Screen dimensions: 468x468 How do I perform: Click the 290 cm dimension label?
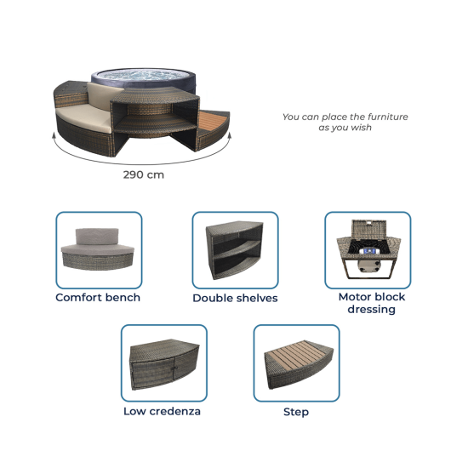click(144, 174)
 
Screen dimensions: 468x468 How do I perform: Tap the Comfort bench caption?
click(98, 297)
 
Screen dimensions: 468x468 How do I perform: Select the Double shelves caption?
click(235, 298)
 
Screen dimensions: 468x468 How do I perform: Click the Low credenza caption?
click(162, 411)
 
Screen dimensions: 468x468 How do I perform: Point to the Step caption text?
click(296, 412)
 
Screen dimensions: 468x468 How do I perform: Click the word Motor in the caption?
click(354, 297)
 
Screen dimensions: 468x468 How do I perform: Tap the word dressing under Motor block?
click(372, 310)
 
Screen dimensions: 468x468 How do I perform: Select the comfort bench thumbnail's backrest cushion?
click(97, 236)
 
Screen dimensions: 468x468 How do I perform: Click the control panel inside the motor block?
click(369, 251)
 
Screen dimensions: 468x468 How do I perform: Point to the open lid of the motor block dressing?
click(369, 229)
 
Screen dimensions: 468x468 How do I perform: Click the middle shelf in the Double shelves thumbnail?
click(236, 250)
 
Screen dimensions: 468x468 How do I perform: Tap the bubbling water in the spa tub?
click(143, 75)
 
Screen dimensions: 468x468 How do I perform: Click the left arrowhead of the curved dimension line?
click(54, 136)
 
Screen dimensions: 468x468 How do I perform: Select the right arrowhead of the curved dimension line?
click(229, 136)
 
